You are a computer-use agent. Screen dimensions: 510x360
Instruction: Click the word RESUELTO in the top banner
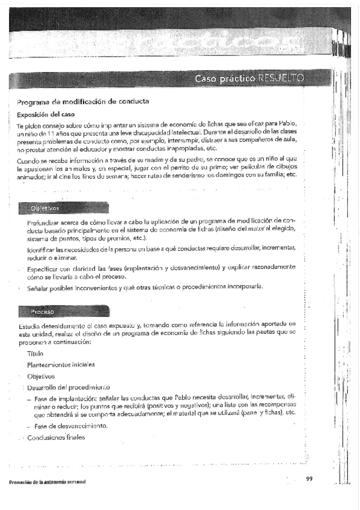click(x=281, y=79)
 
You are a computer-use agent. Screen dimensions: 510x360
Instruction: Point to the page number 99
click(x=310, y=479)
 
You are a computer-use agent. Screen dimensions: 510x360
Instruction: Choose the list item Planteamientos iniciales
click(x=61, y=364)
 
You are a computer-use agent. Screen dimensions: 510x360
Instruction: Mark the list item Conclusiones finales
click(x=56, y=437)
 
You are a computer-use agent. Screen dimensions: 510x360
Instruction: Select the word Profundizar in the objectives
click(x=45, y=223)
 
